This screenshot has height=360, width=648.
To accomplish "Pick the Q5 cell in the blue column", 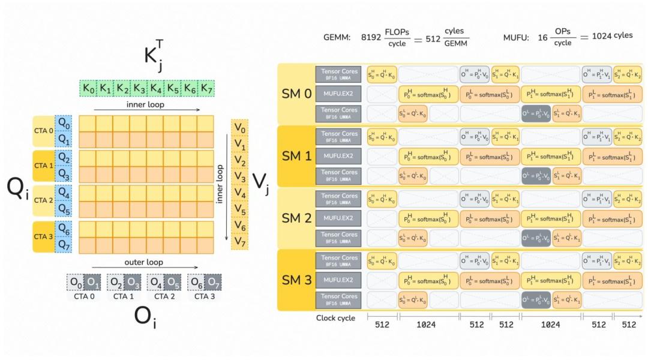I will [63, 211].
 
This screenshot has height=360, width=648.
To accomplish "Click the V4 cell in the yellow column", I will [239, 193].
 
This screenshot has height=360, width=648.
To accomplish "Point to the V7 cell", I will [239, 242].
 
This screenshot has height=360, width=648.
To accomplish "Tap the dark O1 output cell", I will [92, 282].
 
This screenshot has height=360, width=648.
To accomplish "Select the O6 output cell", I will [194, 282].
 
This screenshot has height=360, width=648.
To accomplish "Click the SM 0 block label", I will [296, 94].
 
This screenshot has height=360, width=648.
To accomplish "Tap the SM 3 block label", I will [296, 280].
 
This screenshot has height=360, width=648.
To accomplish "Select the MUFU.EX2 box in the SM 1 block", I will [338, 157].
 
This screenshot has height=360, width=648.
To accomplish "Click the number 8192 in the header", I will [371, 36].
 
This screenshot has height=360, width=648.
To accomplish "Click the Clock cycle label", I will [335, 318].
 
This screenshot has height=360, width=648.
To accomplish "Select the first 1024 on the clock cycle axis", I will [427, 325].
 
